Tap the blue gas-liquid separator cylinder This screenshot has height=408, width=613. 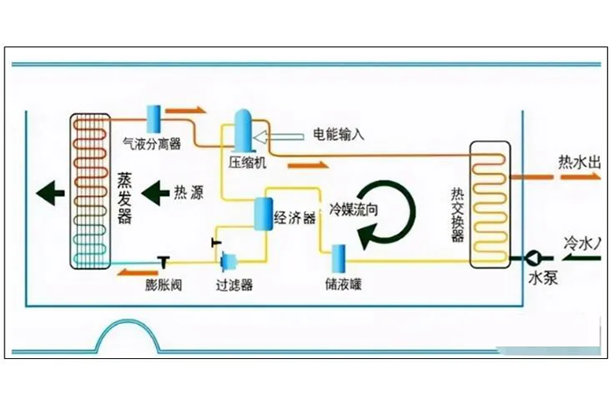point(153,118)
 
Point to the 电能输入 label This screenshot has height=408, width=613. point(338,135)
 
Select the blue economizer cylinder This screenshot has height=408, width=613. point(262,214)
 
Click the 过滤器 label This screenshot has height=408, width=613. point(234,285)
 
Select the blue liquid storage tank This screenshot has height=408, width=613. point(338,257)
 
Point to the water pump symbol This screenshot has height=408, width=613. point(534,257)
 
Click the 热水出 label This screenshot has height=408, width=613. point(580,163)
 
